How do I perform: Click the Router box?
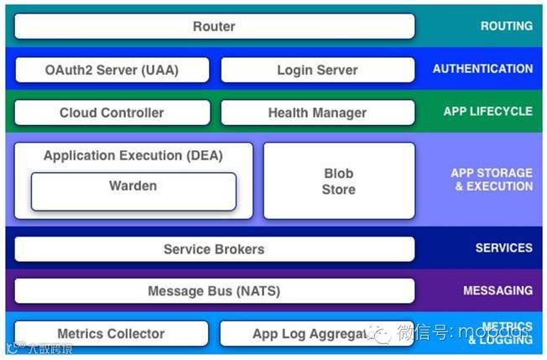coord(214,26)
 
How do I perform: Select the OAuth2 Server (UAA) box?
coord(112,70)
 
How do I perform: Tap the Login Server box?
coord(317,70)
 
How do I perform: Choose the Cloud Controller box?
coord(112,112)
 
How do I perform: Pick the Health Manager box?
coord(317,112)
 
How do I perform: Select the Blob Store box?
coord(339,181)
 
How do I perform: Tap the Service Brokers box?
coord(214,249)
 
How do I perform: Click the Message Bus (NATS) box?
coord(214,291)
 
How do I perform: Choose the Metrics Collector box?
coord(111,334)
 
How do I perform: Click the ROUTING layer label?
coord(506,26)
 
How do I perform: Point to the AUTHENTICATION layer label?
coord(482,69)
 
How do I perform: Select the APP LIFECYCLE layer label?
coord(487,111)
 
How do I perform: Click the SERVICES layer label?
coord(503,248)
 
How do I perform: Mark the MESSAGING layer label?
coord(498,290)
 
